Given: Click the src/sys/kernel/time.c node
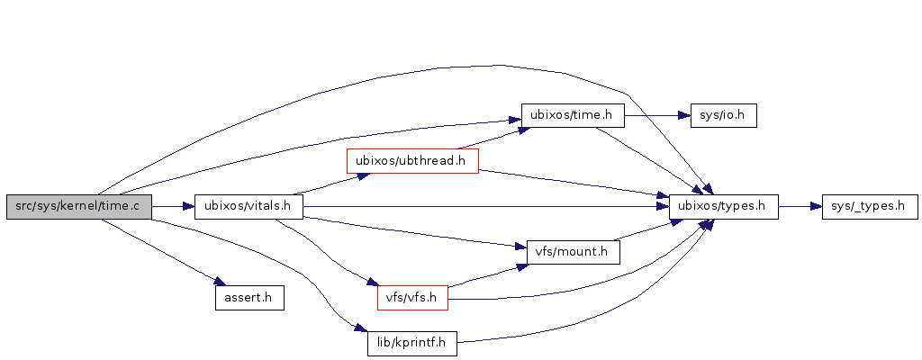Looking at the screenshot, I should click(79, 206).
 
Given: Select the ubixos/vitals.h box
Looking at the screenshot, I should click(249, 206).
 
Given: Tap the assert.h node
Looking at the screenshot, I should click(249, 297).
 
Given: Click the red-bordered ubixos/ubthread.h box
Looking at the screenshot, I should click(412, 161).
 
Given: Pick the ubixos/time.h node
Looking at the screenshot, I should click(573, 116).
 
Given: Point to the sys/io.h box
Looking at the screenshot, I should click(722, 116).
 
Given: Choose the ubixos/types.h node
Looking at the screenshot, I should click(723, 206).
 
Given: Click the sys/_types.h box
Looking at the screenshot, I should click(870, 206).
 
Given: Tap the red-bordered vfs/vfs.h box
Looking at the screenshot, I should click(411, 297).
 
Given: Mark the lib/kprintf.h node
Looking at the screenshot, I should click(411, 343).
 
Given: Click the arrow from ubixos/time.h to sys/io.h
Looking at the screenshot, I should click(656, 116).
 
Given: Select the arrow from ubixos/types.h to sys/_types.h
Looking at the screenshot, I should click(800, 206).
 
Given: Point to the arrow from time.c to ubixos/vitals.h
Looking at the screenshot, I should click(173, 206).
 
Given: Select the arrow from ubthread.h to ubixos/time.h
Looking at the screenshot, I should click(491, 139).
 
